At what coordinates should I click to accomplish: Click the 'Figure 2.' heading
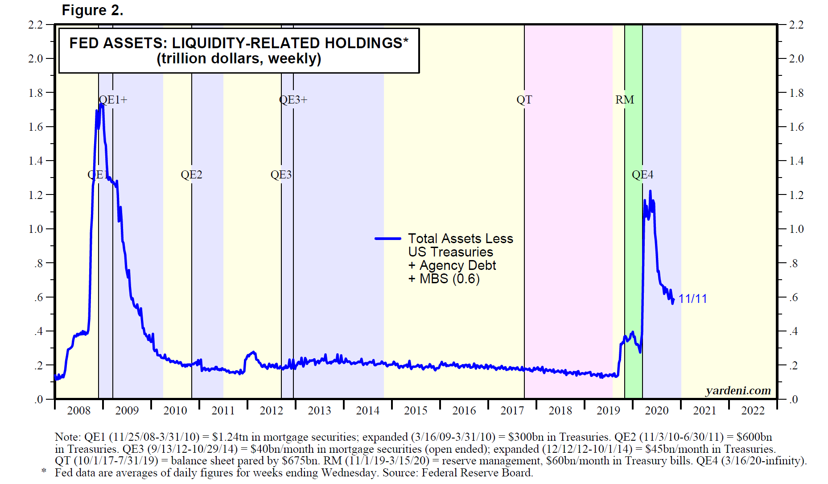click(92, 10)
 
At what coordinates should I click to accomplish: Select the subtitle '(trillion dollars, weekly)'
click(239, 58)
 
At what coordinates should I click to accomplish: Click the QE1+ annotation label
click(113, 99)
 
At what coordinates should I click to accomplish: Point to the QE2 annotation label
click(191, 174)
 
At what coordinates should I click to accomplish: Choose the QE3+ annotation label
click(293, 99)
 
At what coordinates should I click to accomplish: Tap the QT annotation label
click(524, 99)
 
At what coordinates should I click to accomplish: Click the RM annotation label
click(625, 99)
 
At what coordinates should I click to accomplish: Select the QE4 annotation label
click(643, 174)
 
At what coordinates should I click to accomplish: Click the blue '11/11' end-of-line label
click(692, 298)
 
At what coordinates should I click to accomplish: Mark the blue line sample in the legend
click(388, 239)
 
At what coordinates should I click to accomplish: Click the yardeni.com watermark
click(738, 390)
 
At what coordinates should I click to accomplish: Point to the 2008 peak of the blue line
click(101, 104)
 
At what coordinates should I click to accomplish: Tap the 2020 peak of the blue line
click(650, 191)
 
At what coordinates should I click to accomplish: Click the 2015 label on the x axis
click(416, 410)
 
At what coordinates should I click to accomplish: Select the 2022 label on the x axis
click(753, 410)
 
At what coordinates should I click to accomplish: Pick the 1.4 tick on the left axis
click(35, 161)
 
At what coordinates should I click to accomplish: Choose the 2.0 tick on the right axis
click(796, 58)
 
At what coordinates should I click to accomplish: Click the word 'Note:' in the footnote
click(68, 437)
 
